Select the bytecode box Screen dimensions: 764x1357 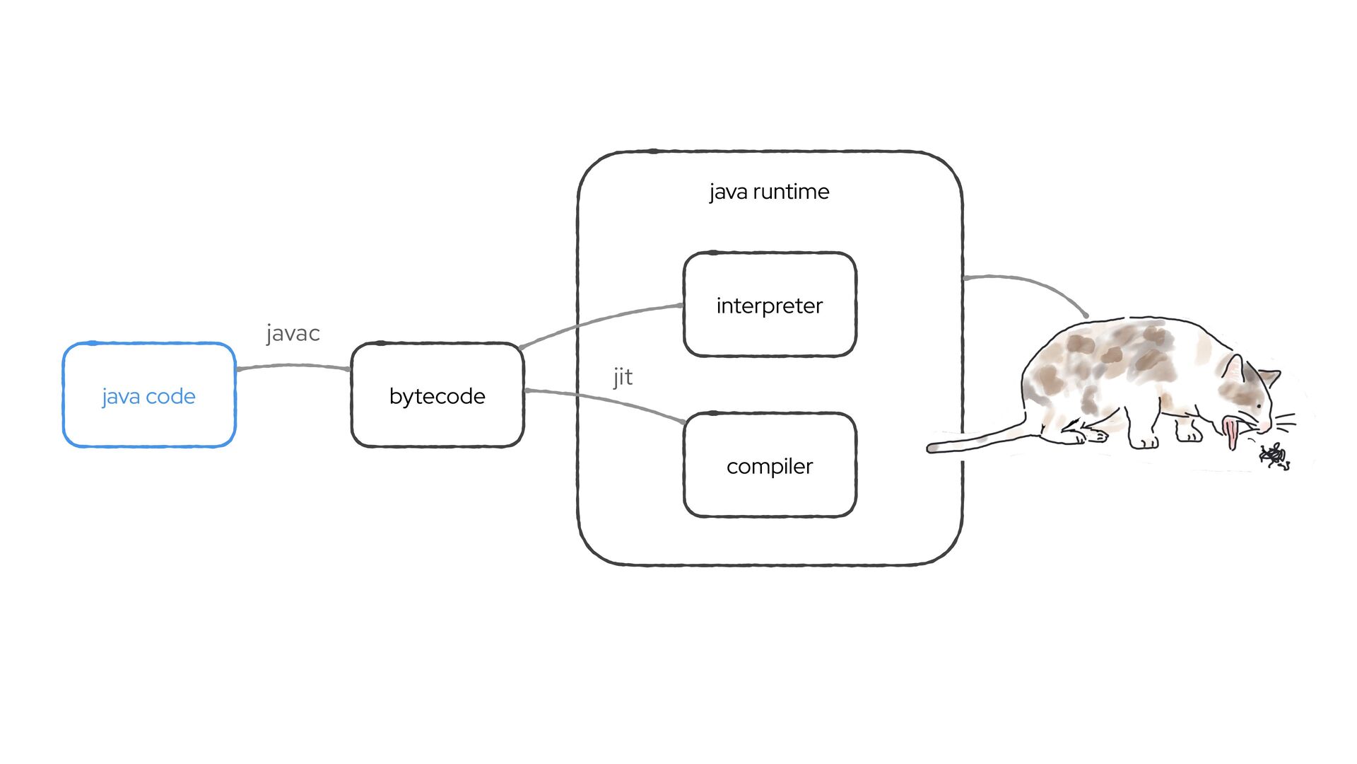(x=437, y=395)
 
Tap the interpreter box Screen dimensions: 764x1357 (x=770, y=305)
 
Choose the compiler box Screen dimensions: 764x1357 (x=770, y=465)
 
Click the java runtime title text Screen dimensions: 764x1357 (x=769, y=192)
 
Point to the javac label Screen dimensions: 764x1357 (x=293, y=333)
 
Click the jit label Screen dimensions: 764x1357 (x=623, y=377)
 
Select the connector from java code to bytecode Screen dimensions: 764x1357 (x=293, y=366)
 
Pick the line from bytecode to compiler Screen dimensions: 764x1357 (x=601, y=400)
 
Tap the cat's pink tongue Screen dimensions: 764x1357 (x=1232, y=433)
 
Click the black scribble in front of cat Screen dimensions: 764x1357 (x=1274, y=456)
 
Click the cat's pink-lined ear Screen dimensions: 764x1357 (x=1233, y=369)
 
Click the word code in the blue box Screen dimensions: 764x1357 (x=170, y=396)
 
